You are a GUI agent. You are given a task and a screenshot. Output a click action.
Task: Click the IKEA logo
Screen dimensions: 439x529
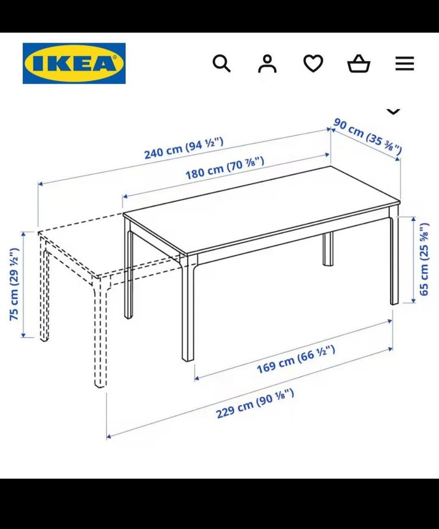click(74, 63)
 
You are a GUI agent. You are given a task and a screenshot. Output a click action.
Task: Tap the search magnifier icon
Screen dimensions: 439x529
click(222, 64)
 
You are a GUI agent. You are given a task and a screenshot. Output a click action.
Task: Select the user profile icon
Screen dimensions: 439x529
click(267, 64)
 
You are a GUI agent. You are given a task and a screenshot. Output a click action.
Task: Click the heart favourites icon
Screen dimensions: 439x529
click(313, 64)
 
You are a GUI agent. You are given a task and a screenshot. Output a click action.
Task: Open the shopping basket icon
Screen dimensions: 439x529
click(359, 64)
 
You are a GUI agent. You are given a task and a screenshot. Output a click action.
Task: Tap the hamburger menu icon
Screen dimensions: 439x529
click(405, 64)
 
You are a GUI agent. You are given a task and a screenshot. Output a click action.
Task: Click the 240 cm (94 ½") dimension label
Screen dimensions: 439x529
click(184, 148)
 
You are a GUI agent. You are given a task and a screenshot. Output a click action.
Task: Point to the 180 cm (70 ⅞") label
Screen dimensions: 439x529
click(225, 168)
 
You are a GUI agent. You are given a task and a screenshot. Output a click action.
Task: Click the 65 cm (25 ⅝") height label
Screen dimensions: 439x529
click(424, 259)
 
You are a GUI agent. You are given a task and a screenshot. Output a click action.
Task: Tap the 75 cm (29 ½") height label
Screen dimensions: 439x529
click(14, 284)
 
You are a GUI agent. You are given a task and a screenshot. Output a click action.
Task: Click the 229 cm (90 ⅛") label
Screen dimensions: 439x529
click(255, 404)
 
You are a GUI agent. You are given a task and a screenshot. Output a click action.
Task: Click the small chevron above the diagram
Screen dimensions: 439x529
click(393, 112)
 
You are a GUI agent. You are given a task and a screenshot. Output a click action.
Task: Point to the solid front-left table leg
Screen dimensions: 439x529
click(188, 307)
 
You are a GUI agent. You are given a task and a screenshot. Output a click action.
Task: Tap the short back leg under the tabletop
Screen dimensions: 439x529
click(328, 249)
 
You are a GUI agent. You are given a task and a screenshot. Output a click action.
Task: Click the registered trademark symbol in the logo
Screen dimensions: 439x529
click(114, 58)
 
